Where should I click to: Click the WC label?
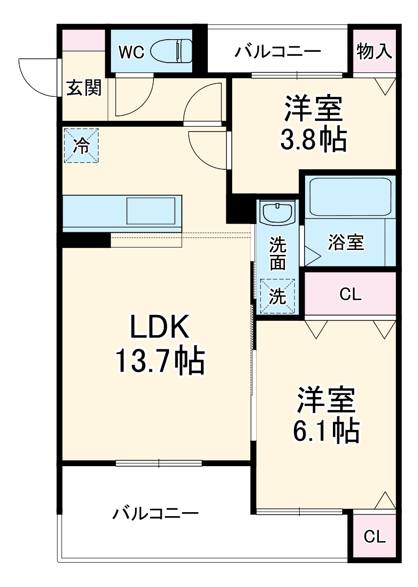[x=132, y=52]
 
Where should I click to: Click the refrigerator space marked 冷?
[x=81, y=145]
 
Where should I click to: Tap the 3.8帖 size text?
[x=313, y=140]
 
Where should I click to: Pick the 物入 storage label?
[x=374, y=51]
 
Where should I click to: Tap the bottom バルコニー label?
[x=156, y=514]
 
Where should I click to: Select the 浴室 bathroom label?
[x=346, y=243]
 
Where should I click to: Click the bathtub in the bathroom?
[x=351, y=198]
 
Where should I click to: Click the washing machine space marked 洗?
[x=278, y=296]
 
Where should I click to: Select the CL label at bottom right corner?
[x=374, y=537]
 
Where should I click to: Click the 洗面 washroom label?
[x=278, y=253]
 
